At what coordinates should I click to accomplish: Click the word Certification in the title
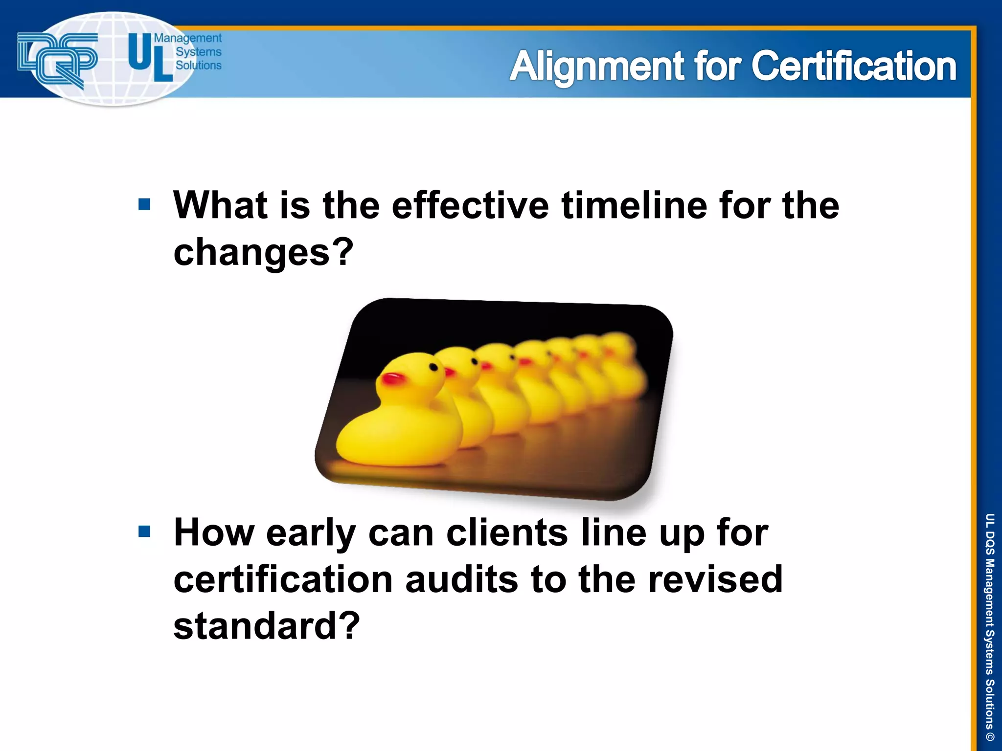(x=854, y=66)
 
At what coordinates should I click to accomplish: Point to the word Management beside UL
(x=188, y=38)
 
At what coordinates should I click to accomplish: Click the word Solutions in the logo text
(x=198, y=65)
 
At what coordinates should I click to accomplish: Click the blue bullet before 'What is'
(x=144, y=204)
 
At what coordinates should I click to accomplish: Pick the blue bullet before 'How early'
(x=144, y=531)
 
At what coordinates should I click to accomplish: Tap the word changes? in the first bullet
(x=263, y=252)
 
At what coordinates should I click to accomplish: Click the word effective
(x=470, y=205)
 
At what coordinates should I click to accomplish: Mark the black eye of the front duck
(x=433, y=367)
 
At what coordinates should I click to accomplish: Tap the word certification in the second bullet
(x=283, y=579)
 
